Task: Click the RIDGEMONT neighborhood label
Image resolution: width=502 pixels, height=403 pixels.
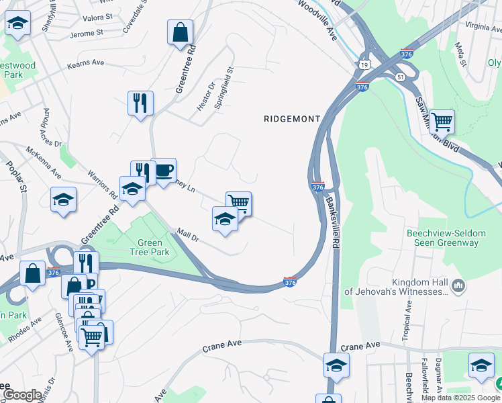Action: pos(291,118)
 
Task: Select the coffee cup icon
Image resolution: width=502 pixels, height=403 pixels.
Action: pos(163,171)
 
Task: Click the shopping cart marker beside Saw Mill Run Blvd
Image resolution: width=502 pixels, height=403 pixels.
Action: pos(442,122)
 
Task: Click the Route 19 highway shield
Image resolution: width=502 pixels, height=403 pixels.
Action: pos(364,64)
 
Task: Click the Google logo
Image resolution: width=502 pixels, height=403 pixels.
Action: pos(21,395)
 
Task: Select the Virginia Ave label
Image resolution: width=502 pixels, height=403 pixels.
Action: pos(483,27)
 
